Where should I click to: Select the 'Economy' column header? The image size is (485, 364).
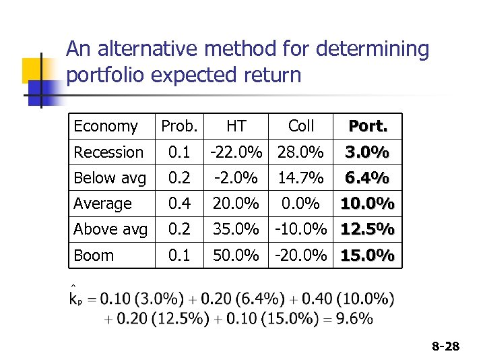click(105, 126)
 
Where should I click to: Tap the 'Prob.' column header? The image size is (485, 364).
click(179, 126)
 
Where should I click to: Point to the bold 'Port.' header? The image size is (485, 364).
click(367, 126)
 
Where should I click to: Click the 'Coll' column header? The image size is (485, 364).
click(300, 126)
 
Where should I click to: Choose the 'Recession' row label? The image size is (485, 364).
click(108, 152)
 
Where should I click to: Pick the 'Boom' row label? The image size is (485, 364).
click(94, 255)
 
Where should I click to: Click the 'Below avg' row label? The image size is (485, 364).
click(109, 178)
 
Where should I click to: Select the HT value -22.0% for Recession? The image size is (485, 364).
click(236, 152)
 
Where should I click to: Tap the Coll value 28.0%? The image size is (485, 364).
click(300, 152)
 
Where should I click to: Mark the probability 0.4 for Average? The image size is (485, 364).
click(179, 204)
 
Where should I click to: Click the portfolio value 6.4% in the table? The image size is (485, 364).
click(367, 178)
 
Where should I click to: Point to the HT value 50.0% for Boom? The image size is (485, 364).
click(236, 255)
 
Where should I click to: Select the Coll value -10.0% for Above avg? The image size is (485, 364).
click(300, 229)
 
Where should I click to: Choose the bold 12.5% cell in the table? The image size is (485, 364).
click(367, 229)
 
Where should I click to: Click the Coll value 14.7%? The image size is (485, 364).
click(300, 178)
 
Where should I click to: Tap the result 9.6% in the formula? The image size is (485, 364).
click(354, 318)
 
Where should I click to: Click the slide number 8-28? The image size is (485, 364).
click(445, 346)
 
